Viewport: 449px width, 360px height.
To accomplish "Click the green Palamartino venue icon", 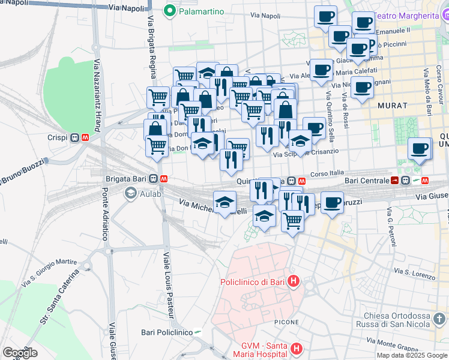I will point(170,11).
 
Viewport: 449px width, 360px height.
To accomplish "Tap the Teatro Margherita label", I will point(414,16).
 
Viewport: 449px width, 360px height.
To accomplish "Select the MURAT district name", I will point(393,105).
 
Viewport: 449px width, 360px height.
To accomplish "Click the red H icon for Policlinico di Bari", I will point(293,280).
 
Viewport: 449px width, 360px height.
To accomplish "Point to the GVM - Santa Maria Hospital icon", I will point(296,349).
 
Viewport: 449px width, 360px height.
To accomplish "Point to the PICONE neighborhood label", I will point(286,322).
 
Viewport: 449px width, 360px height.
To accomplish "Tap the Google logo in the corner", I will point(20,353).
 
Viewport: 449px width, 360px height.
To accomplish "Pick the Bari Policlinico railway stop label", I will point(166,332).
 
